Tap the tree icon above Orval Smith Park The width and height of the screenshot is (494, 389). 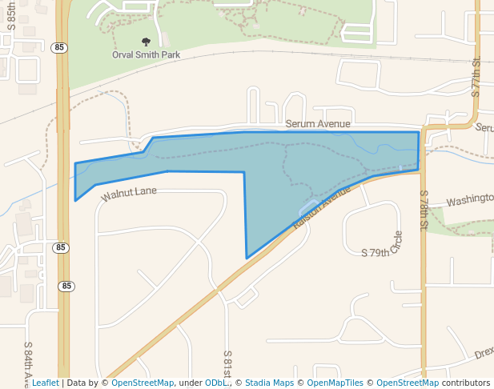pyautogui.click(x=146, y=42)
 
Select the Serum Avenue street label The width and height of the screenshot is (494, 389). pyautogui.click(x=318, y=124)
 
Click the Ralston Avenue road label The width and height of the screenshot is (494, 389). pyautogui.click(x=322, y=209)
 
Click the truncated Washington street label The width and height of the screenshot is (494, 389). pyautogui.click(x=469, y=202)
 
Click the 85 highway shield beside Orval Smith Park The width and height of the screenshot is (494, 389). pyautogui.click(x=61, y=48)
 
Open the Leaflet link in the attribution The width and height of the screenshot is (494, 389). pyautogui.click(x=45, y=383)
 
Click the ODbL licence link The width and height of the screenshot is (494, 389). pyautogui.click(x=215, y=383)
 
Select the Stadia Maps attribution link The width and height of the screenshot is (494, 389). pyautogui.click(x=269, y=383)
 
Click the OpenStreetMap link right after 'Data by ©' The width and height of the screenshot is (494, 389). pyautogui.click(x=143, y=383)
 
